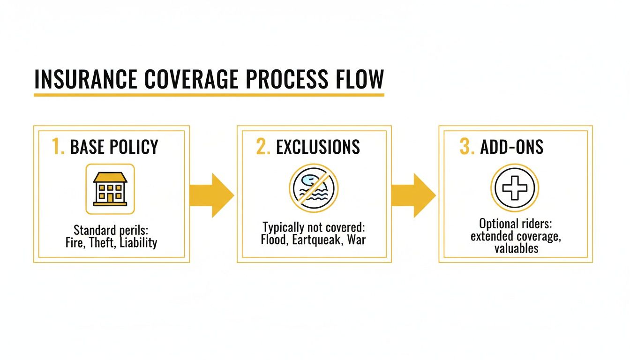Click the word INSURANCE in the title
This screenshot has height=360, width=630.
tap(85, 79)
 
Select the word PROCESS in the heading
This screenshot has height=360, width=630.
tap(288, 79)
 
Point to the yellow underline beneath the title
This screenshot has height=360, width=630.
tap(209, 95)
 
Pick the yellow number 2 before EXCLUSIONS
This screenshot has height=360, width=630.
tap(262, 147)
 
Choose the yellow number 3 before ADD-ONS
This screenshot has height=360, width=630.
tap(467, 147)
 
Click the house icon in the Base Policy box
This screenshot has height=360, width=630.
tap(110, 189)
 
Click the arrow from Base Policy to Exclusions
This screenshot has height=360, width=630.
tap(211, 195)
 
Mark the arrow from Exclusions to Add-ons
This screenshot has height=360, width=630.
tap(413, 195)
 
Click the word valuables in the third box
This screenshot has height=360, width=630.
tap(516, 248)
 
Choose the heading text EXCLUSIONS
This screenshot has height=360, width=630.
tap(318, 147)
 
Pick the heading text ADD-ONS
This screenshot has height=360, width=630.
tap(512, 147)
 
